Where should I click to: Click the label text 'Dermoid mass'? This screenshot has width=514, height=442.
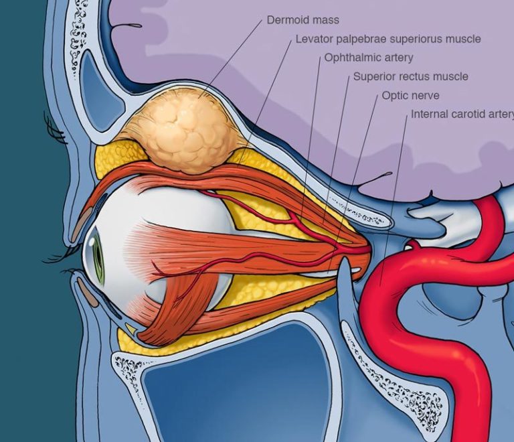point(303,20)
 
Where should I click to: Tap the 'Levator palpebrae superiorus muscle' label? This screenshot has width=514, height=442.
point(388,39)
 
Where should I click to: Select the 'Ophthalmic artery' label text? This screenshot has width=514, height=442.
point(369,58)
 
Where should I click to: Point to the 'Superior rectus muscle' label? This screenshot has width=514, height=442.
point(410,77)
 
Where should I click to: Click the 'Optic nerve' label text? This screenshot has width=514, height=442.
point(410,96)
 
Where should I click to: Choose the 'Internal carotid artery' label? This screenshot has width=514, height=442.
point(462,114)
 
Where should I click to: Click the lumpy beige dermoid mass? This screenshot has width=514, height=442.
point(189,131)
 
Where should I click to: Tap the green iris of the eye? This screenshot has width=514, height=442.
point(98,259)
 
